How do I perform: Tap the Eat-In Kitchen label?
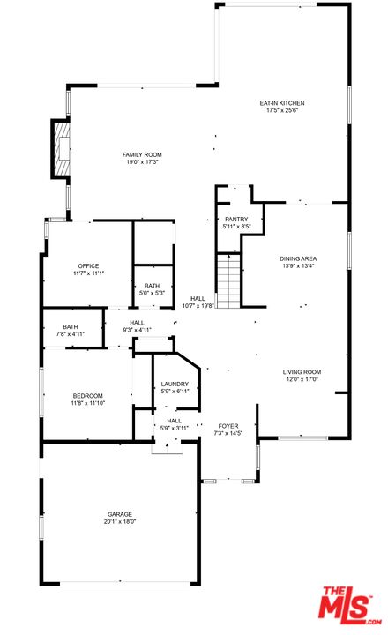click(x=280, y=103)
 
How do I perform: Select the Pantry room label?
click(x=235, y=219)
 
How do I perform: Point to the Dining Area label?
click(x=297, y=258)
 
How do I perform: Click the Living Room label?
click(x=301, y=372)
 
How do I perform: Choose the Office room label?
click(x=87, y=265)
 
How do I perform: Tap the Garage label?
click(x=121, y=514)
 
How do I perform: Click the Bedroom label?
click(x=87, y=395)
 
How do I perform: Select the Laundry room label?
click(x=175, y=384)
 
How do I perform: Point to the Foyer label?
click(x=228, y=426)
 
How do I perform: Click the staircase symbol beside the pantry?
click(x=228, y=280)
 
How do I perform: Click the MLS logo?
click(x=348, y=605)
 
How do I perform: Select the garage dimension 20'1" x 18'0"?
click(x=121, y=521)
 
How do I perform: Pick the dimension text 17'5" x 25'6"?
click(x=280, y=110)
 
